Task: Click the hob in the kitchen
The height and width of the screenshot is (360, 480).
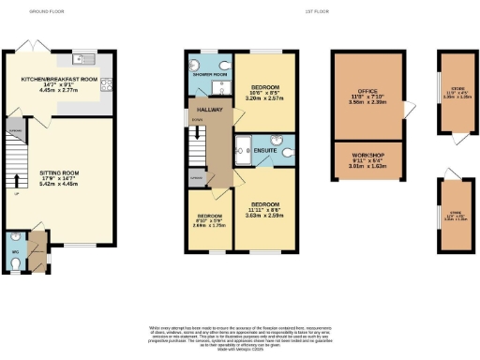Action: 108,82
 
